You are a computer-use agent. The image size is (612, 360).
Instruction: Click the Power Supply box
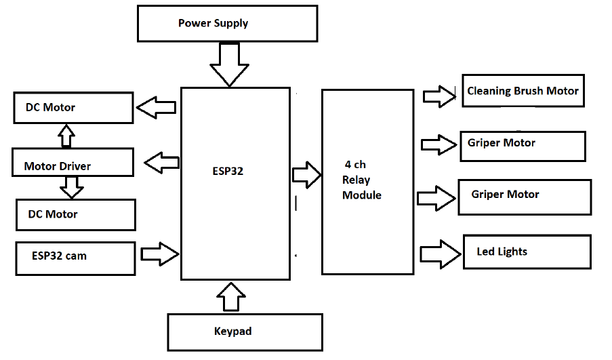(227, 24)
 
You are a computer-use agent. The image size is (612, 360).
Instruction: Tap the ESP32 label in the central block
(227, 172)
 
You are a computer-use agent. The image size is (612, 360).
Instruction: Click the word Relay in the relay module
(356, 180)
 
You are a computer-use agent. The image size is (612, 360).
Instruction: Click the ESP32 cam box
(75, 256)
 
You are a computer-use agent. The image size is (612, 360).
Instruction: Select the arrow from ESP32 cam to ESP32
(160, 254)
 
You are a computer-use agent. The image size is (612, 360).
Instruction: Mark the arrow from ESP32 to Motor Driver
(162, 163)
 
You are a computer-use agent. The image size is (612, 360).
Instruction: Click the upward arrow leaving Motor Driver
(66, 136)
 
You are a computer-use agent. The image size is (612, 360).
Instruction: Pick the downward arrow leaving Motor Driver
(72, 186)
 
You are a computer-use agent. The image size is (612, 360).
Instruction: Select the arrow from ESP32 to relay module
(306, 174)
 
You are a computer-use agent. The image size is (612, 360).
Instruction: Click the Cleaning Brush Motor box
(523, 91)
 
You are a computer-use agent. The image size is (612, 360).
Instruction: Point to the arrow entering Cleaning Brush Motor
(439, 95)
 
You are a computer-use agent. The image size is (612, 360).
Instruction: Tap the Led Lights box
(527, 252)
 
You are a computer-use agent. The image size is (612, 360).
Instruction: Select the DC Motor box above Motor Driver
(73, 108)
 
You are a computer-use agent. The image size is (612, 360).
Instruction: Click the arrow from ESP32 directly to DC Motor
(156, 106)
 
